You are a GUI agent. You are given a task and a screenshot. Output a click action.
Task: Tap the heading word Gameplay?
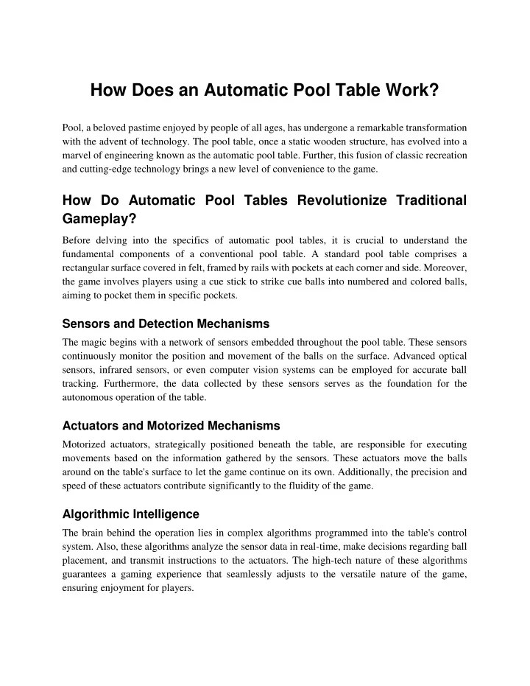(x=100, y=220)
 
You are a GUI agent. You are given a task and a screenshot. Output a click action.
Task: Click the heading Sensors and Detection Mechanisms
(x=166, y=323)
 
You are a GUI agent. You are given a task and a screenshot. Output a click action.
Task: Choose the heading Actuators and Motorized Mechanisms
(x=171, y=426)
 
